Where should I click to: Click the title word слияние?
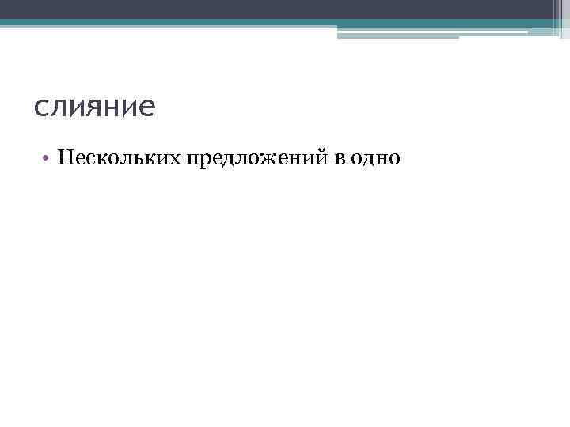(x=95, y=108)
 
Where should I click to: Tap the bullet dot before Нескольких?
(x=47, y=159)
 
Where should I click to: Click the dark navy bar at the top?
(x=285, y=9)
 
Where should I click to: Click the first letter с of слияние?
(x=41, y=109)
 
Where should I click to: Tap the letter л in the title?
(x=59, y=109)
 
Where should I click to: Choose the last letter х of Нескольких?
(x=175, y=160)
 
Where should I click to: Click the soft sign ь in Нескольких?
(x=131, y=160)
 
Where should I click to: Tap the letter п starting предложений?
(x=192, y=161)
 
